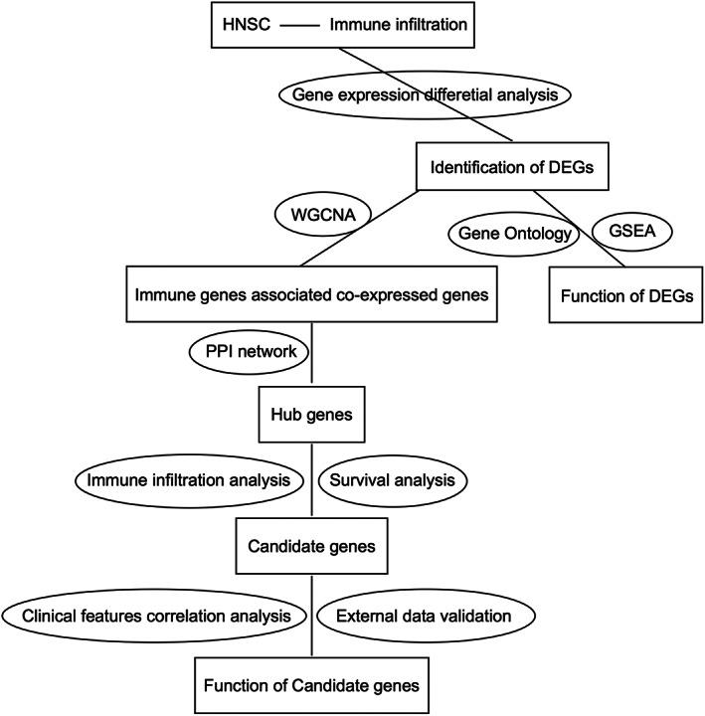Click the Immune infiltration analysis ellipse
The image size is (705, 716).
coord(187,479)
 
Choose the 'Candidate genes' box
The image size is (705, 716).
coord(313,546)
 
